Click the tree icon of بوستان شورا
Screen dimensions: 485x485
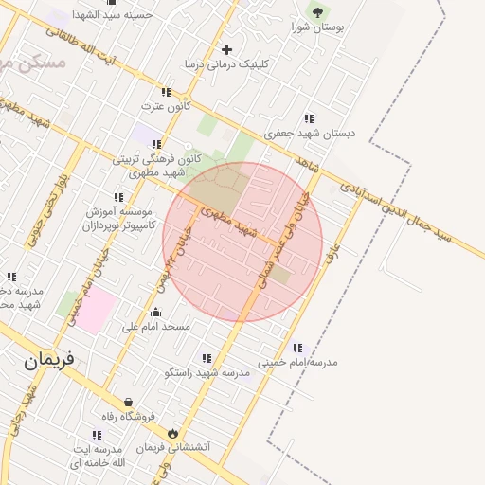click(x=316, y=12)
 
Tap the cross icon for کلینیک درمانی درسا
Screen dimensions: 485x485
click(x=225, y=49)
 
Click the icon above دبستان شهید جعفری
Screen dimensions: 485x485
click(x=309, y=118)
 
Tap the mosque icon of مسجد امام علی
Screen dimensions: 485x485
click(x=156, y=312)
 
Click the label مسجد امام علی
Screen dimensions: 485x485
click(x=156, y=327)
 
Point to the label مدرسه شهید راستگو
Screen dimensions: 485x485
click(x=207, y=372)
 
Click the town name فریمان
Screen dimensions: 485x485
click(x=49, y=360)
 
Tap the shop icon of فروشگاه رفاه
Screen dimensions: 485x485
click(x=128, y=402)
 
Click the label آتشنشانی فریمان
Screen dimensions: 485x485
click(x=173, y=446)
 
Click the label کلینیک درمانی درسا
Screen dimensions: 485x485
click(x=226, y=64)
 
